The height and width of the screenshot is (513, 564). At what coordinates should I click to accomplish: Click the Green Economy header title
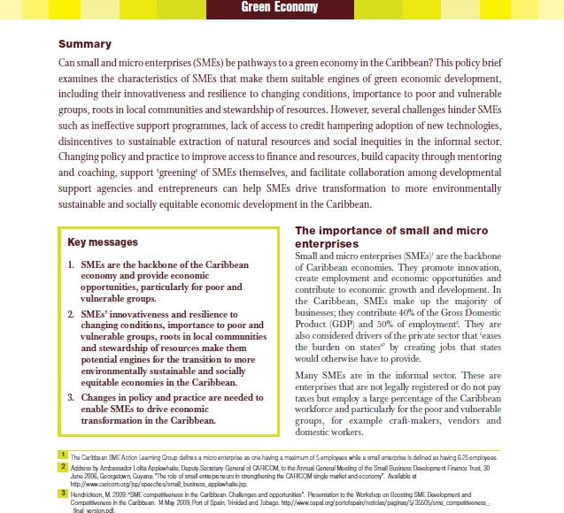click(x=281, y=9)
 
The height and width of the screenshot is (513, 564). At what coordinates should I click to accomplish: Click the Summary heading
click(x=84, y=44)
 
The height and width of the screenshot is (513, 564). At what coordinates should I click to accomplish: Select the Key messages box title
click(x=103, y=241)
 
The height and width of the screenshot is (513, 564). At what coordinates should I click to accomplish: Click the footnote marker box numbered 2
click(x=63, y=465)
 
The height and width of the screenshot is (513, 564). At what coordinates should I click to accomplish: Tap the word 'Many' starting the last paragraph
click(x=307, y=375)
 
